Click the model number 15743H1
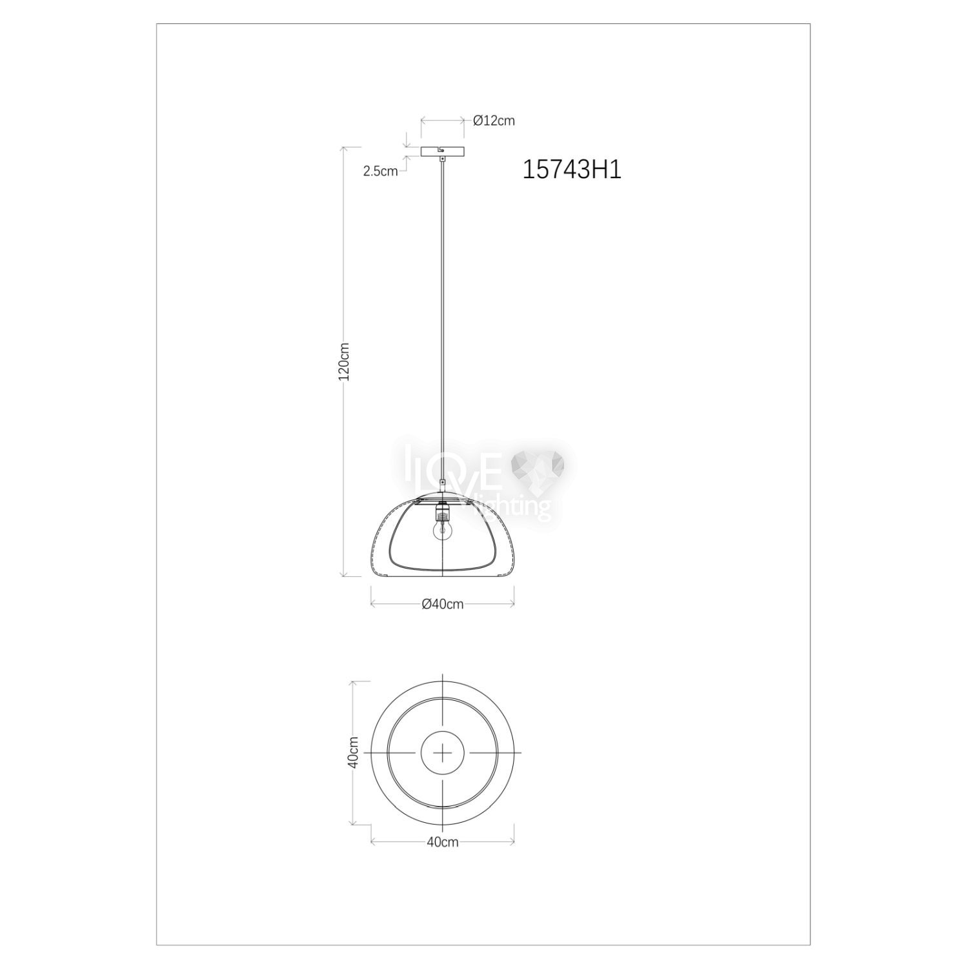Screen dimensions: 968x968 [571, 170]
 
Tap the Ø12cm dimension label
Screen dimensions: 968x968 [494, 121]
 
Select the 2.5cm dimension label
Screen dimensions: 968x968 [380, 171]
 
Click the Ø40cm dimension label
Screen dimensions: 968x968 [442, 604]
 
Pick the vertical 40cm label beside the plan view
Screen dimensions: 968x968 [353, 752]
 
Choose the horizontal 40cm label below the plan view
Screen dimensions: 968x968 [442, 842]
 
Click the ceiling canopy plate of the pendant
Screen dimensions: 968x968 [442, 152]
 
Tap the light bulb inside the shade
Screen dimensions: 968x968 [441, 528]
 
